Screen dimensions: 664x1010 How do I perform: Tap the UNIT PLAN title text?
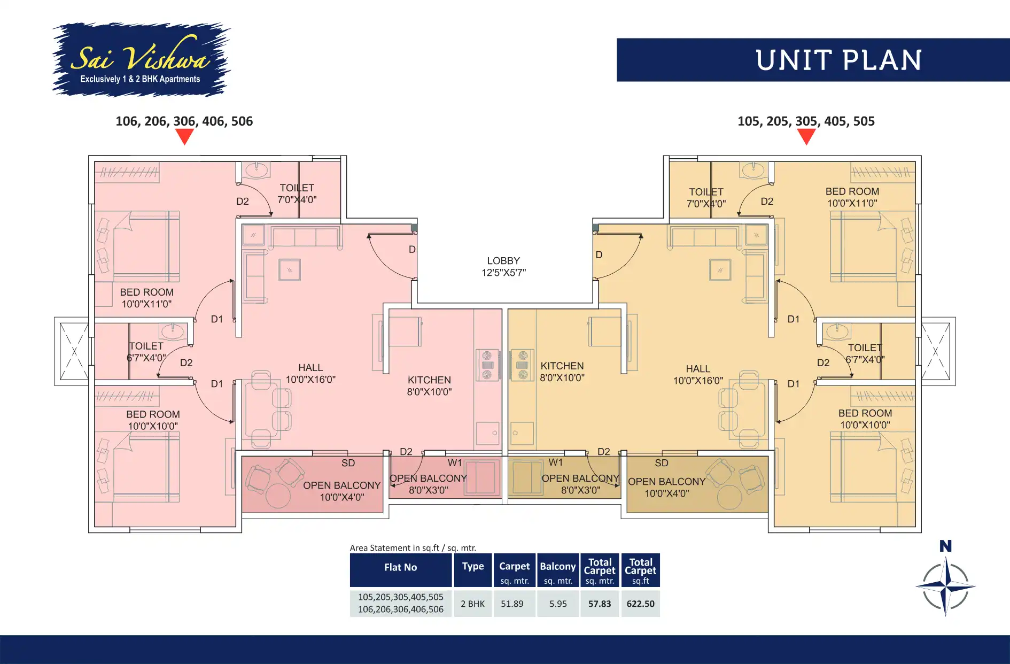point(838,60)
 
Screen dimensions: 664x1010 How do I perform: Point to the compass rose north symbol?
point(945,585)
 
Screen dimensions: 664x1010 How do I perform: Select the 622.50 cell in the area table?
point(640,604)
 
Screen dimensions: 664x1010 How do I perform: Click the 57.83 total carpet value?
point(600,604)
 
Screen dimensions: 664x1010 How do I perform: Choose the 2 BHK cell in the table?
point(472,604)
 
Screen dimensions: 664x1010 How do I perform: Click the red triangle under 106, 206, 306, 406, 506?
point(184,137)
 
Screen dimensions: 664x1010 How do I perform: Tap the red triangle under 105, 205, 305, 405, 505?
point(806,137)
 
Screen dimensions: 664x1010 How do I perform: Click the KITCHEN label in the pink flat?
point(429,380)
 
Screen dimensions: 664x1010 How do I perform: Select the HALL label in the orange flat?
point(698,369)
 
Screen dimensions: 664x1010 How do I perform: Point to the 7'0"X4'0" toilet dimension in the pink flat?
point(297,200)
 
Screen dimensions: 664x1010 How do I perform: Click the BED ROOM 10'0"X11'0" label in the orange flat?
point(852,197)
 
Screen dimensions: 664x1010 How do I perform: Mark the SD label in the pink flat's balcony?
point(348,463)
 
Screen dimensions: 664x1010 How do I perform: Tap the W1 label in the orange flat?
point(555,462)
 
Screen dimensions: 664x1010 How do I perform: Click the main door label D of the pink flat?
point(412,249)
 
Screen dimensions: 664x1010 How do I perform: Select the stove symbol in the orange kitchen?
point(522,365)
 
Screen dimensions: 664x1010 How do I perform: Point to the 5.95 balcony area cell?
point(558,604)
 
